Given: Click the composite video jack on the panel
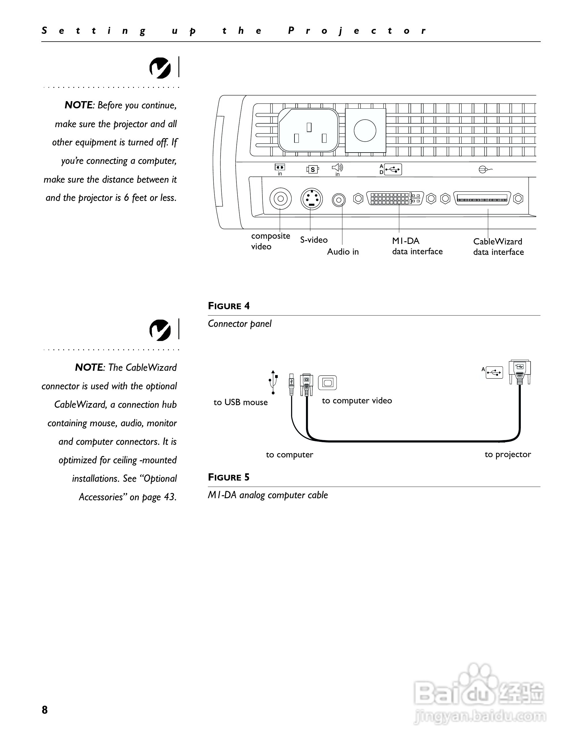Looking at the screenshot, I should pyautogui.click(x=280, y=199).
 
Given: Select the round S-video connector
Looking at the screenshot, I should pyautogui.click(x=311, y=199).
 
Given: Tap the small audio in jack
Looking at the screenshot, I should pyautogui.click(x=339, y=200).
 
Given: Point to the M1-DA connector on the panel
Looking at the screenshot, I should pyautogui.click(x=395, y=198).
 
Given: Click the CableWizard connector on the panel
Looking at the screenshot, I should pyautogui.click(x=482, y=199).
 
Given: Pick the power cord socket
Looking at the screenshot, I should pyautogui.click(x=308, y=131).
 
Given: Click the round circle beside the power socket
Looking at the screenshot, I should pyautogui.click(x=365, y=130).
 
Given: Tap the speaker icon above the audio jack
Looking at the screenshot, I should pyautogui.click(x=337, y=167).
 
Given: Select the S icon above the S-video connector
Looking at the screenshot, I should pyautogui.click(x=312, y=169).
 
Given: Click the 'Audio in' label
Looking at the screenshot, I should pyautogui.click(x=343, y=252).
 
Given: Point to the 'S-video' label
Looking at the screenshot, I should pyautogui.click(x=314, y=240).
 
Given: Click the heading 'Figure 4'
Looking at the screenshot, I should pyautogui.click(x=229, y=306).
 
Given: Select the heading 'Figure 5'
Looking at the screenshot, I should pyautogui.click(x=229, y=477).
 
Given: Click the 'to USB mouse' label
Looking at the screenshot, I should pyautogui.click(x=240, y=402).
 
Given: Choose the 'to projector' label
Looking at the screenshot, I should pyautogui.click(x=508, y=455).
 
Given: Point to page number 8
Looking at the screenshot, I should pyautogui.click(x=45, y=710).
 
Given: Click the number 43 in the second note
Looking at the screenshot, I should pyautogui.click(x=169, y=497).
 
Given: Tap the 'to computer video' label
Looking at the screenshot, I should pyautogui.click(x=357, y=401).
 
